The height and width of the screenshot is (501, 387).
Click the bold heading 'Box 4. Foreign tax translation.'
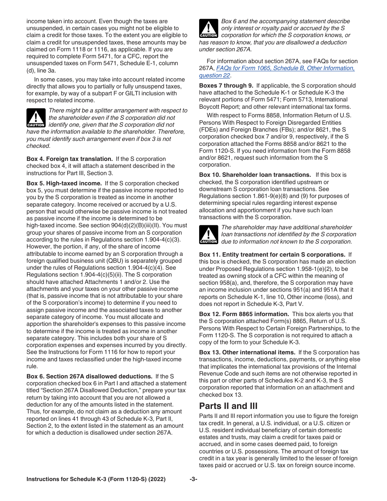pyautogui.click(x=70, y=159)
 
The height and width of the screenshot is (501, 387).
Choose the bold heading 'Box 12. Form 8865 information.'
pyautogui.click(x=244, y=314)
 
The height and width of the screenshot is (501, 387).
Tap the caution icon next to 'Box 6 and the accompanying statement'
pyautogui.click(x=209, y=29)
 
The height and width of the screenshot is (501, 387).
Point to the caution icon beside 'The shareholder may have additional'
pyautogui.click(x=209, y=235)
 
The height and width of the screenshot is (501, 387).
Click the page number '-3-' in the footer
pyautogui.click(x=193, y=479)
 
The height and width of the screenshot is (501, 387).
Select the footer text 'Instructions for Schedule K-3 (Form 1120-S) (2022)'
pyautogui.click(x=96, y=479)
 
